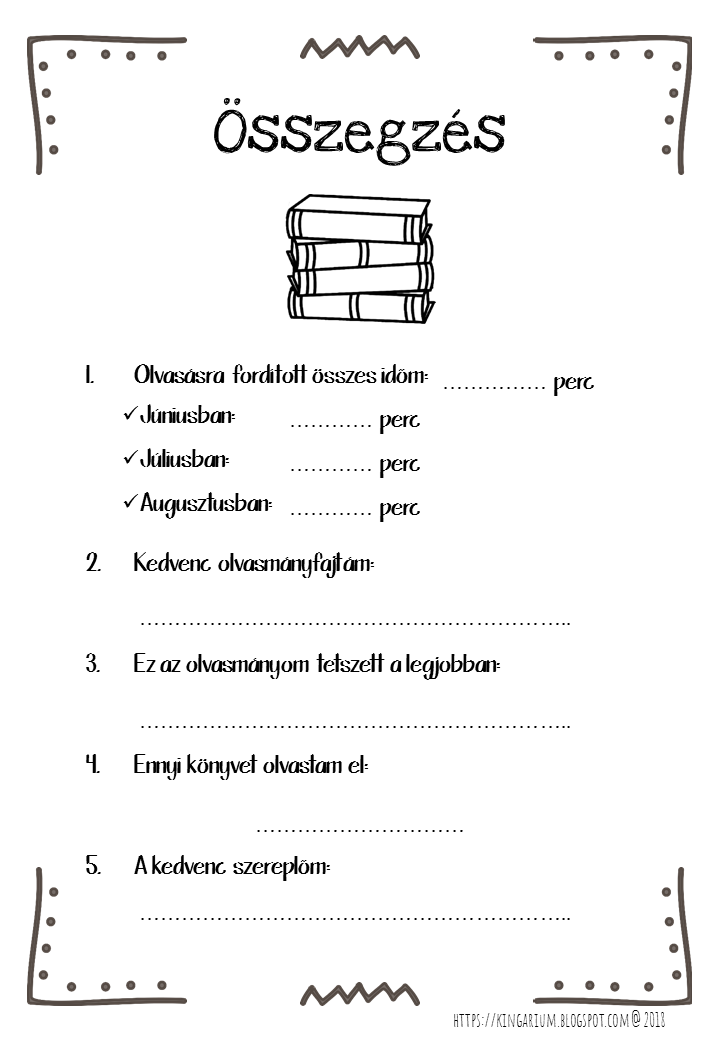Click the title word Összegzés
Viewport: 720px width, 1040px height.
[360, 130]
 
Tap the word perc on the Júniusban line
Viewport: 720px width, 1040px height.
[400, 421]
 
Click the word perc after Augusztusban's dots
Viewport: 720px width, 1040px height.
[400, 509]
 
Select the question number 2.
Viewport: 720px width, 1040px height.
[93, 563]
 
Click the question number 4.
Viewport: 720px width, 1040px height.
[93, 765]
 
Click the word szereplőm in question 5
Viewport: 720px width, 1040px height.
[284, 867]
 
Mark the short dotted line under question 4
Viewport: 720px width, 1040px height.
[360, 830]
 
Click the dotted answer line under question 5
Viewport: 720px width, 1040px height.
[355, 917]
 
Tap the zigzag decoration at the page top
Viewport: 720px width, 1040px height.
[360, 47]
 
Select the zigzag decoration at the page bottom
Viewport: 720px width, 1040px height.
[360, 994]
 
